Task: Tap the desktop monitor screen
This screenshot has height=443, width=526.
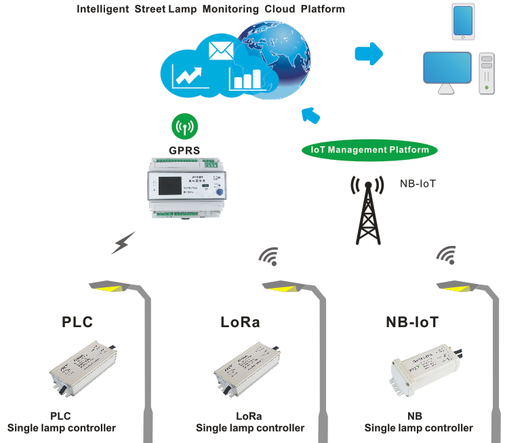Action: [x=447, y=68]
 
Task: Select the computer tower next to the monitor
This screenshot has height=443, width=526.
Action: [x=487, y=73]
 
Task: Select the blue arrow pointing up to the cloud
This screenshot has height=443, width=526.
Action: [x=310, y=114]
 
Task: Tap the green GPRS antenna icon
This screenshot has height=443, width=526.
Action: [x=184, y=126]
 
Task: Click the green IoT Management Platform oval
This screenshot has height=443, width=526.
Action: [x=369, y=150]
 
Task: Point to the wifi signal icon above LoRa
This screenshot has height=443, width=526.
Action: [x=269, y=255]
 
